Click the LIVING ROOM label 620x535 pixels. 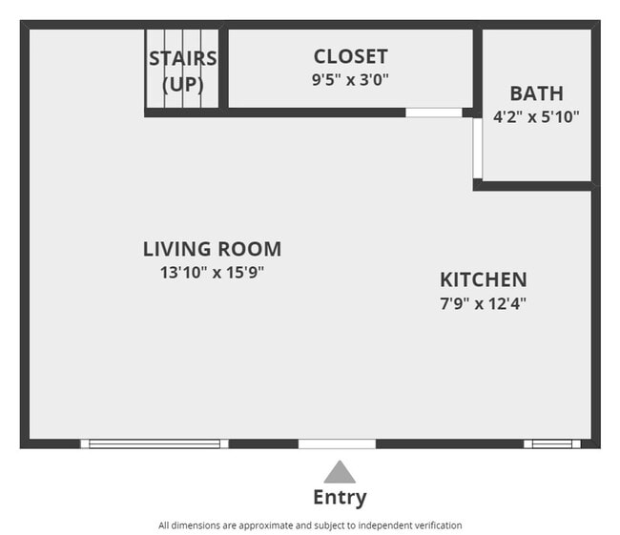click(212, 250)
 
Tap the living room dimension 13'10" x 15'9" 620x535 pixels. click(212, 273)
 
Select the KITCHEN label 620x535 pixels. click(483, 279)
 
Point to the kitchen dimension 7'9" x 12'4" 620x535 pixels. click(483, 303)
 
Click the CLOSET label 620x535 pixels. click(350, 57)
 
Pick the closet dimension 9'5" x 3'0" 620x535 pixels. click(350, 80)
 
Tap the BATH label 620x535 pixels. click(536, 93)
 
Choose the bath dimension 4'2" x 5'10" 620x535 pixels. click(536, 116)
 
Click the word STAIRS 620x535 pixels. click(182, 59)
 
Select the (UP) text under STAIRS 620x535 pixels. click(182, 84)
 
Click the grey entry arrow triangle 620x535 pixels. click(339, 472)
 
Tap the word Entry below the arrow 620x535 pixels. click(339, 497)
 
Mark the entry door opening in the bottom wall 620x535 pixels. click(337, 443)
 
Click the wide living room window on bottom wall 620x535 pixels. click(155, 443)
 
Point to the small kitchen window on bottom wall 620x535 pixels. click(552, 443)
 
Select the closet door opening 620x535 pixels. click(434, 113)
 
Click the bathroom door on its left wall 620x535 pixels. click(477, 148)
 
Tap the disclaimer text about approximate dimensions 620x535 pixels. click(310, 525)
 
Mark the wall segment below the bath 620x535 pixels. click(534, 186)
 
